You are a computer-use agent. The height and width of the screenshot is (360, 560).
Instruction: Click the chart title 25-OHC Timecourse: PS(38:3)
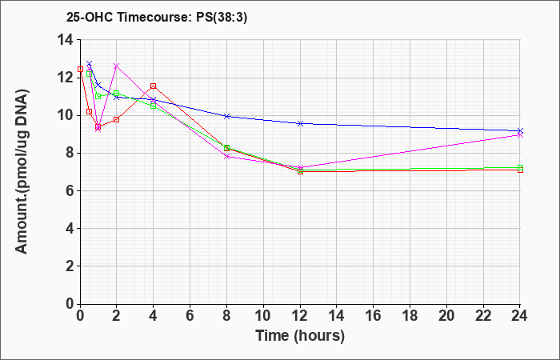pyautogui.click(x=157, y=18)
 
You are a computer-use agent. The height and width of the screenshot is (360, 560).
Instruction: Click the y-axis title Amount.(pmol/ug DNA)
pyautogui.click(x=22, y=171)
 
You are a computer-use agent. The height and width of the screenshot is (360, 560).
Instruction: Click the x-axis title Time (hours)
pyautogui.click(x=300, y=336)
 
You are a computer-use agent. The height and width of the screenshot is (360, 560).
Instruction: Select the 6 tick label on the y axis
pyautogui.click(x=70, y=190)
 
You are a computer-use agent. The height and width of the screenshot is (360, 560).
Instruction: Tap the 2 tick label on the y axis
pyautogui.click(x=70, y=266)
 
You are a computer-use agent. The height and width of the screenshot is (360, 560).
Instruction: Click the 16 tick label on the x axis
pyautogui.click(x=374, y=315)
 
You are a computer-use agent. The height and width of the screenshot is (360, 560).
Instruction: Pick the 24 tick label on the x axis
pyautogui.click(x=520, y=315)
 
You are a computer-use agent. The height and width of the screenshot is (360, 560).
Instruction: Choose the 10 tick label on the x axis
pyautogui.click(x=263, y=315)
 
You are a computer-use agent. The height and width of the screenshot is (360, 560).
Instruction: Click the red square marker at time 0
pyautogui.click(x=80, y=70)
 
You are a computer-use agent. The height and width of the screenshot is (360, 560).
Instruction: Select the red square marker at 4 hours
pyautogui.click(x=154, y=86)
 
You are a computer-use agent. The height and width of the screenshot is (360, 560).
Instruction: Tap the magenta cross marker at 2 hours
pyautogui.click(x=117, y=66)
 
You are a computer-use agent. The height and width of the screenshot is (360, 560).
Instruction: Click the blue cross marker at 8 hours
pyautogui.click(x=226, y=116)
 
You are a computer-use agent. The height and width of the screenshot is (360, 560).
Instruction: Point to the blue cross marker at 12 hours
pyautogui.click(x=300, y=123)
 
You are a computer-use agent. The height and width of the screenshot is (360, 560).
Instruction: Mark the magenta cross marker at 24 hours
pyautogui.click(x=520, y=135)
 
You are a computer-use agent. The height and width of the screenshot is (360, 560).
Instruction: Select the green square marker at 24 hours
pyautogui.click(x=520, y=167)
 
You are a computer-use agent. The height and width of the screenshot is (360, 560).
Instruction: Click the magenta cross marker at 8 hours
pyautogui.click(x=226, y=157)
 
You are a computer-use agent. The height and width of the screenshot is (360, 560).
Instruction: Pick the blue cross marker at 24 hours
pyautogui.click(x=520, y=131)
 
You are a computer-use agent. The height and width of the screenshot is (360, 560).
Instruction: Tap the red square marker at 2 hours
pyautogui.click(x=117, y=119)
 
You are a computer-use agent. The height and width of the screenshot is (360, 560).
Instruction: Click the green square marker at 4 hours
pyautogui.click(x=154, y=106)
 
